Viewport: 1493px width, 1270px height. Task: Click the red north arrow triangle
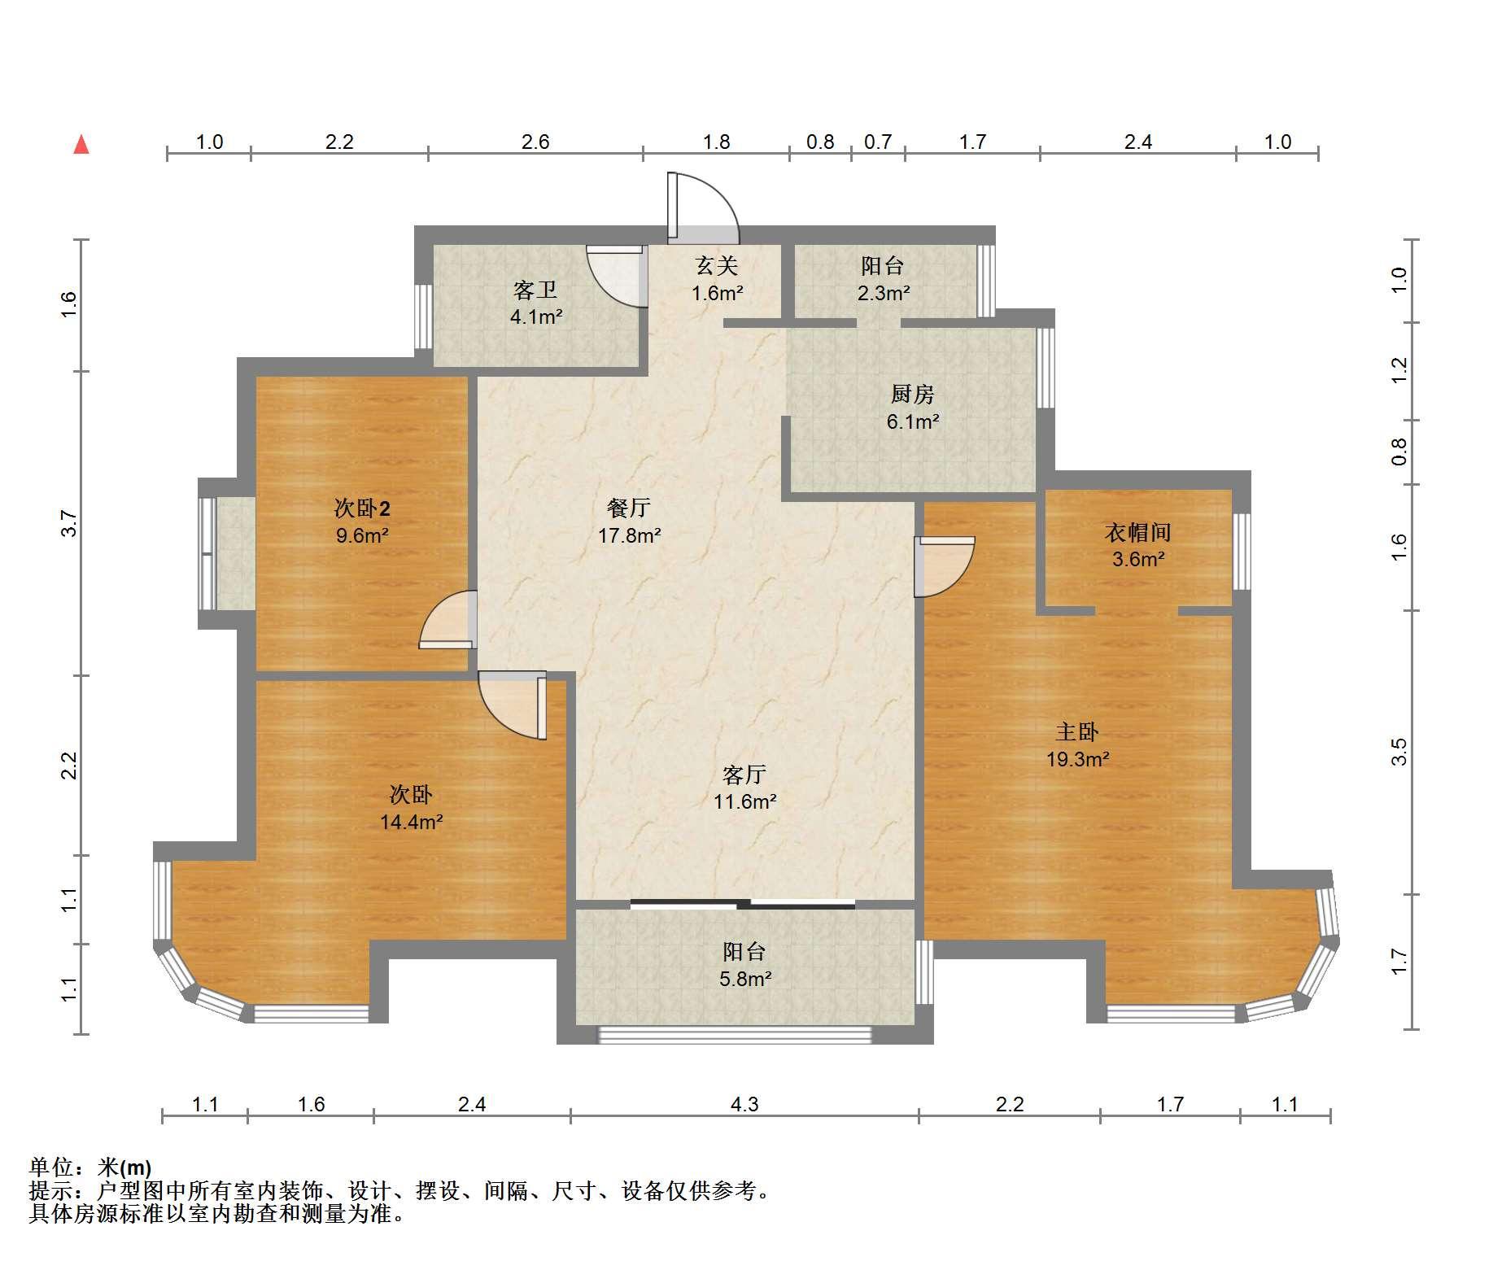[81, 145]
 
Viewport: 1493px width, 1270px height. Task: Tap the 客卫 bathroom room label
[535, 290]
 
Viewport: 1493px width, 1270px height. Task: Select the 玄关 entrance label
[717, 265]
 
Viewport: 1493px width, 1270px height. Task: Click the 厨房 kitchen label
[912, 395]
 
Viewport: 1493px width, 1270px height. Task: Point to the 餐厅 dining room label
[629, 508]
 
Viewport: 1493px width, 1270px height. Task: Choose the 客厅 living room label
[744, 775]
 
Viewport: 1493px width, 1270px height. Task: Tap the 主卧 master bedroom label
[1077, 732]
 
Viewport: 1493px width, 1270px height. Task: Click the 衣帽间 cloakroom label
[1138, 533]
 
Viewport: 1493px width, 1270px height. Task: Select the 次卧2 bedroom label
[362, 509]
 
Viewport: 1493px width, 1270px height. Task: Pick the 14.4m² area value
[412, 823]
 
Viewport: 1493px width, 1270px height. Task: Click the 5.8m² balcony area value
[745, 979]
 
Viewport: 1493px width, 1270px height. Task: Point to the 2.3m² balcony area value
[884, 293]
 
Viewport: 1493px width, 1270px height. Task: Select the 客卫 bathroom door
[617, 277]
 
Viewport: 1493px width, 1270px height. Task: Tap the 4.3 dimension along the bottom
[744, 1104]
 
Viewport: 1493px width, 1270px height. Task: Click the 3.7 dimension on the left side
[70, 523]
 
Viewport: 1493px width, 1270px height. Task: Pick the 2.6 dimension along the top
[535, 142]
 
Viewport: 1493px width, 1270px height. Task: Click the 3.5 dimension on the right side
[1399, 752]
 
